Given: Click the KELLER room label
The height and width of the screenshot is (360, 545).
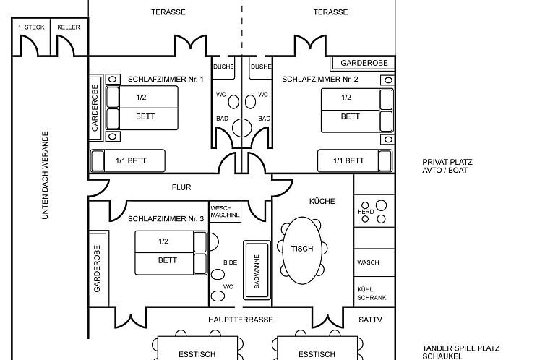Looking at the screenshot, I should tap(69, 27).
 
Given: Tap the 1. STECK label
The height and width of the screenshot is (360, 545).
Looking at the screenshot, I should tap(31, 27).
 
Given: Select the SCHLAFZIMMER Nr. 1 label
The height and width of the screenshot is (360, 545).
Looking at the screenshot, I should tap(166, 79).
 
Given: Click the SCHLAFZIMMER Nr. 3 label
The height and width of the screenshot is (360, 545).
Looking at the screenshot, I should tap(166, 218).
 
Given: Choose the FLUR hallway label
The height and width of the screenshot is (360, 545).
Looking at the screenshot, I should tap(181, 187).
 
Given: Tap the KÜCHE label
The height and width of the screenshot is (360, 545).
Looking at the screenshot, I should tap(322, 201).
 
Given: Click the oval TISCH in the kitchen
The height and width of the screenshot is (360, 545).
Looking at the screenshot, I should tap(302, 249).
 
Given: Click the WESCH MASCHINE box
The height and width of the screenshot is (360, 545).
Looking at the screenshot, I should tap(224, 213).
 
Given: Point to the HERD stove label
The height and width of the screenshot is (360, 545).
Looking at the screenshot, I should tap(366, 211).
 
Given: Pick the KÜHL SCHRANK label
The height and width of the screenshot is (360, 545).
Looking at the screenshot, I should tap(372, 293).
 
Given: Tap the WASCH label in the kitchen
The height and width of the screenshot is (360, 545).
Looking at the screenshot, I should tap(368, 262).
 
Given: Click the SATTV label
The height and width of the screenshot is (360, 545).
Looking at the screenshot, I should tap(370, 319).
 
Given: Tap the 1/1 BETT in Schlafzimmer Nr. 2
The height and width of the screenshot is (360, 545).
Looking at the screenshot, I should tap(350, 160).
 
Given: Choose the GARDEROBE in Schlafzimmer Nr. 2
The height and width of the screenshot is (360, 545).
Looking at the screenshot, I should tap(364, 63).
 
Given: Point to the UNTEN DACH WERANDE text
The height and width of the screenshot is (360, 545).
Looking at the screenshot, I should tap(45, 176).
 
